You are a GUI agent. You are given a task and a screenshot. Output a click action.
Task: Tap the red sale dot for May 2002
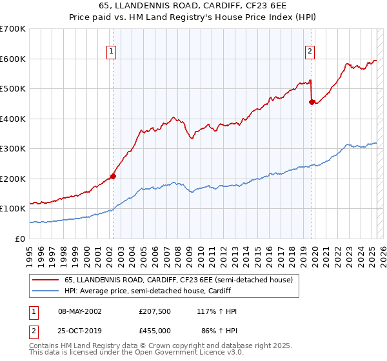[113, 176]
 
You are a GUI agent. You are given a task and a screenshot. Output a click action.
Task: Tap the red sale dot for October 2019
[312, 102]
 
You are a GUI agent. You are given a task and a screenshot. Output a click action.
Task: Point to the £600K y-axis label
[13, 59]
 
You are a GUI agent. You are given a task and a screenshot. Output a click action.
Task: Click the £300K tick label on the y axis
[13, 148]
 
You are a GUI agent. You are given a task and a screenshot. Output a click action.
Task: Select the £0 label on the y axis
[21, 239]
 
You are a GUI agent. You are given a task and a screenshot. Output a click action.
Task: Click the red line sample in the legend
[45, 280]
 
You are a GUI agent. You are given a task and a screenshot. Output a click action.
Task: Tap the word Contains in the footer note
[43, 346]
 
